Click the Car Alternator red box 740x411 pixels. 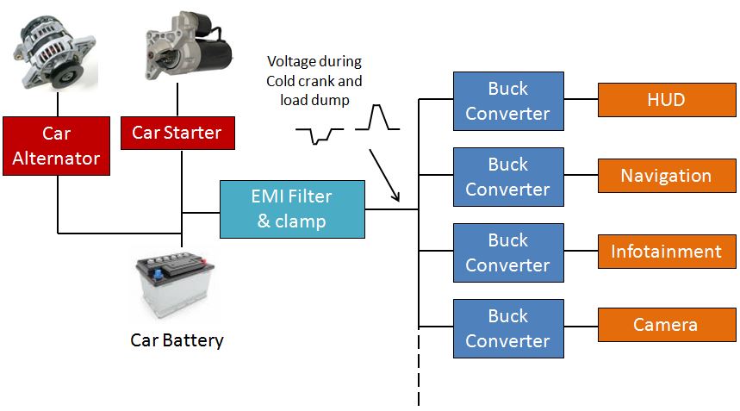pos(56,146)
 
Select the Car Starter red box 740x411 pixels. pos(177,133)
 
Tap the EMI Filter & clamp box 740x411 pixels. pos(292,209)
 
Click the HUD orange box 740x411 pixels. pos(665,100)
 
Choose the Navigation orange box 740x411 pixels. pos(665,176)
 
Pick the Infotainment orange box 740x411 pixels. pos(665,252)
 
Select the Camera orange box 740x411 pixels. pos(665,325)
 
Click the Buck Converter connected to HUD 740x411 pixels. pos(507,101)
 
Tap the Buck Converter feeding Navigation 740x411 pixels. pos(507,177)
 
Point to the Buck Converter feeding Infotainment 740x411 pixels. pos(507,252)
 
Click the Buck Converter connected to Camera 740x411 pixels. pos(507,328)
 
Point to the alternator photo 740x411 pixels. pos(53,53)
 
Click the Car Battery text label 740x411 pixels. pos(177,340)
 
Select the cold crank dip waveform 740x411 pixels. pos(319,134)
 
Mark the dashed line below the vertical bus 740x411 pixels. pos(419,371)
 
